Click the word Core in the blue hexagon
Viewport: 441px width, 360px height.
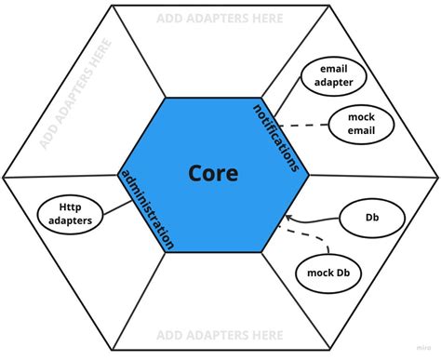(213, 173)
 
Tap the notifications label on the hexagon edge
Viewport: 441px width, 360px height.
(280, 138)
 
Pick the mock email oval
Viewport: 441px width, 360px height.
(361, 123)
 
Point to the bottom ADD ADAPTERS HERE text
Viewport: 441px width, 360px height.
(220, 334)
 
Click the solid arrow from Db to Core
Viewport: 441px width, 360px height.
(316, 220)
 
